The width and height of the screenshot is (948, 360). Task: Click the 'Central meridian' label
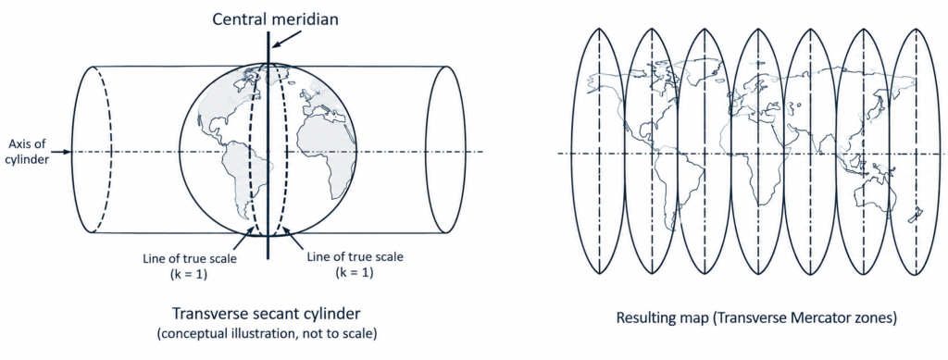coord(275,19)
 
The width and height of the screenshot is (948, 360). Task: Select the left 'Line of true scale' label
coord(189,258)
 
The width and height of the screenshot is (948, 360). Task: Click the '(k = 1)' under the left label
coord(189,274)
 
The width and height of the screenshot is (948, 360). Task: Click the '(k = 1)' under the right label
coord(355,272)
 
